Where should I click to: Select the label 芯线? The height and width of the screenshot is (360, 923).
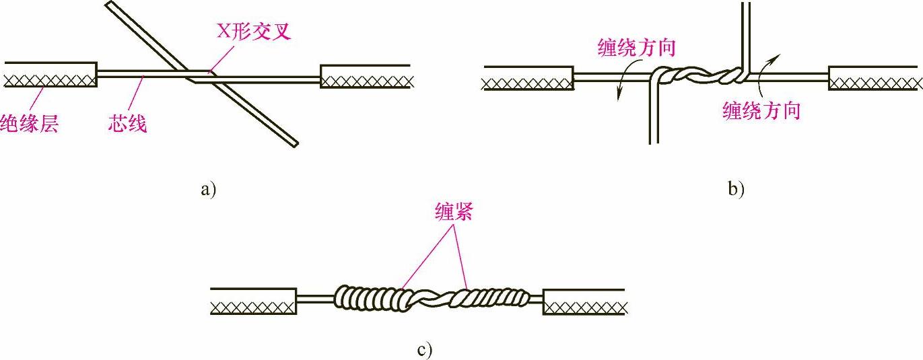(127, 123)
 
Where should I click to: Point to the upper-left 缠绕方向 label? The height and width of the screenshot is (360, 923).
(636, 48)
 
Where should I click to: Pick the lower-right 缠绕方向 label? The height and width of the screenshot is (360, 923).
(761, 110)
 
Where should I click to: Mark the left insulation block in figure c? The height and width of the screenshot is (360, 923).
(253, 301)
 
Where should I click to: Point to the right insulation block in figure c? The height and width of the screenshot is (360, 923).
(584, 301)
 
